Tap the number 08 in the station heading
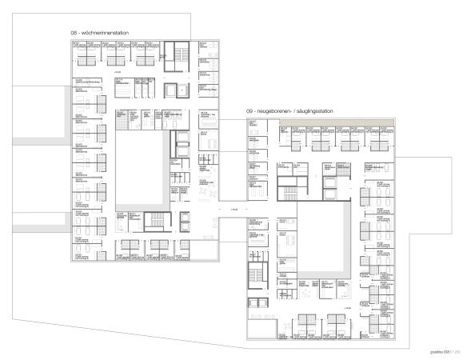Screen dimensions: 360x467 pos(74,33)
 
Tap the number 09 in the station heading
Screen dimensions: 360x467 pos(250,112)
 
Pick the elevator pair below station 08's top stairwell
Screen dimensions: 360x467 pos(176,90)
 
